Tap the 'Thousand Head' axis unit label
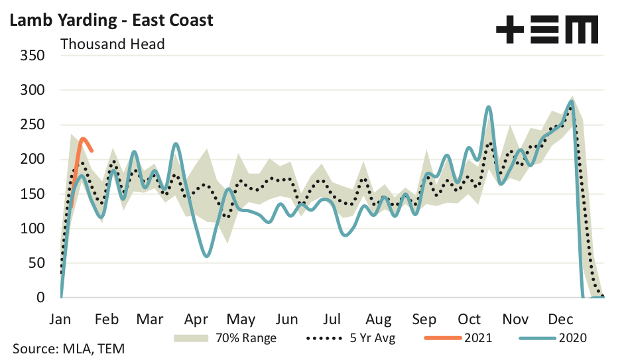coord(112,44)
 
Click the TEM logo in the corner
coord(547,30)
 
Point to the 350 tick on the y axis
coord(32,55)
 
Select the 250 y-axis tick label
coord(32,125)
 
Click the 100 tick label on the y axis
coord(32,229)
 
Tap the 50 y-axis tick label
coord(37,263)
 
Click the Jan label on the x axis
coord(61,319)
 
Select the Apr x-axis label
coord(197,319)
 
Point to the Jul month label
coord(333,319)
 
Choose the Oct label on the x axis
coord(470,319)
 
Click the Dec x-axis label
coord(561,319)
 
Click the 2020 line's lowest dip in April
coord(207,256)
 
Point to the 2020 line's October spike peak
coord(488,106)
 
